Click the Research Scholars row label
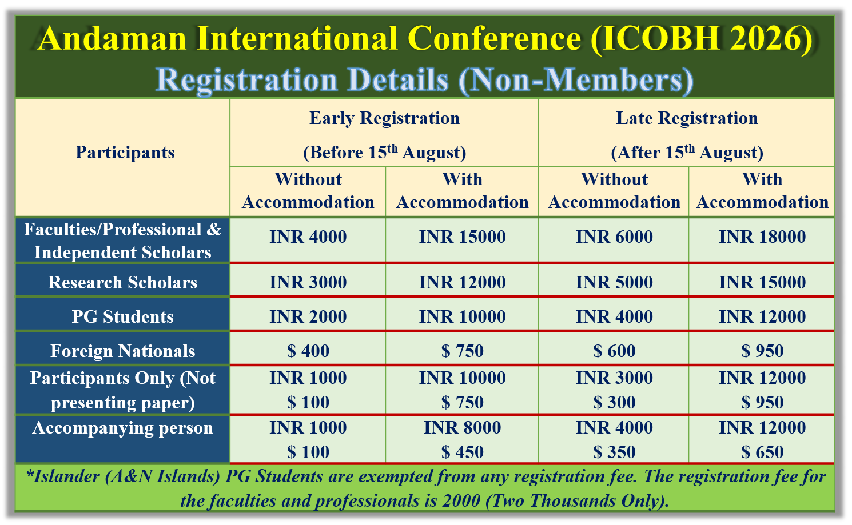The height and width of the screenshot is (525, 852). [x=122, y=282]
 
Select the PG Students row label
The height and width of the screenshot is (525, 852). [x=122, y=316]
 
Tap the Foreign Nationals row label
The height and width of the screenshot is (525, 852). [x=122, y=351]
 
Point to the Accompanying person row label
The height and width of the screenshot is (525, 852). [x=122, y=428]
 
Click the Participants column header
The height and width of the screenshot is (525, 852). [x=125, y=153]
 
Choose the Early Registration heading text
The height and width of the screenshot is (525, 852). [x=384, y=118]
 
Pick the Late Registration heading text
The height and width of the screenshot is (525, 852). [x=687, y=118]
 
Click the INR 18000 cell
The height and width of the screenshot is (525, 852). [x=762, y=237]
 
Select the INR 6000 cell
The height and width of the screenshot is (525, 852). [x=614, y=237]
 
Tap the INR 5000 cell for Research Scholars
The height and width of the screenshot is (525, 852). [x=614, y=282]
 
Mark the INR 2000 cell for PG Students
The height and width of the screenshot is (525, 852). [x=308, y=316]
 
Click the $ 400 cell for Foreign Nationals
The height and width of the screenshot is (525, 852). [x=308, y=351]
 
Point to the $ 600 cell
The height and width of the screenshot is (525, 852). [x=614, y=351]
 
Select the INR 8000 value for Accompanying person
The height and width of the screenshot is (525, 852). [x=463, y=427]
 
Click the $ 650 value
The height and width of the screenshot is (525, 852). [x=762, y=452]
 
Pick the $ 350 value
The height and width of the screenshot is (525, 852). [x=614, y=452]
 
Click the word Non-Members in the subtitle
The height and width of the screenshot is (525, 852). [x=576, y=80]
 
